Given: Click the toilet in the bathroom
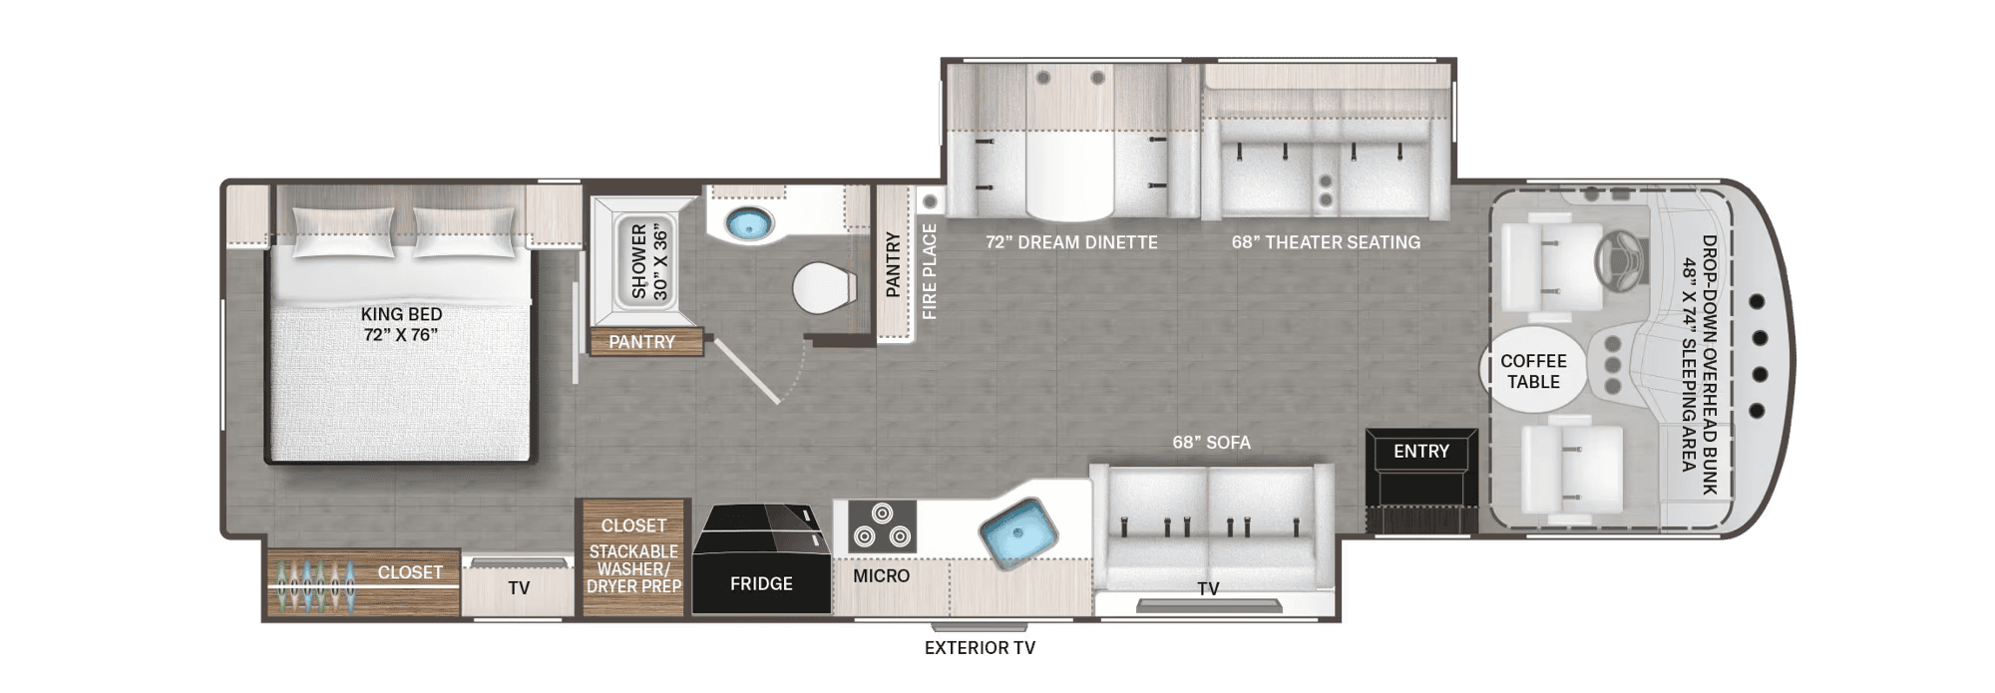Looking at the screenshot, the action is pyautogui.click(x=824, y=289).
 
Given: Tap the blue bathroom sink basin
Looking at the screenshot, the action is pyautogui.click(x=749, y=224).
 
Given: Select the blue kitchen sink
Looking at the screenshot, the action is pyautogui.click(x=1017, y=532).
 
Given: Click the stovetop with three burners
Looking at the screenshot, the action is pyautogui.click(x=882, y=526).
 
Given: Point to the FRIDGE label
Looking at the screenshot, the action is pyautogui.click(x=761, y=583).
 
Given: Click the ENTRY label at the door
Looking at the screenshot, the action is pyautogui.click(x=1421, y=452).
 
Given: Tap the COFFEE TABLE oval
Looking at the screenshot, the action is pyautogui.click(x=1533, y=370).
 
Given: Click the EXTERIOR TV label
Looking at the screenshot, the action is pyautogui.click(x=980, y=648).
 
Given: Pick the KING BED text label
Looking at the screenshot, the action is pyautogui.click(x=401, y=314).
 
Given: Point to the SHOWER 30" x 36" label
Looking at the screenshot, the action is pyautogui.click(x=648, y=261).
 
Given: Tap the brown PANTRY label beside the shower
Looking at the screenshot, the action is pyautogui.click(x=641, y=342).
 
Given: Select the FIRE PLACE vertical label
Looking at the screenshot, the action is pyautogui.click(x=929, y=271).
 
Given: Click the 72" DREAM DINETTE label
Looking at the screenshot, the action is pyautogui.click(x=1071, y=242).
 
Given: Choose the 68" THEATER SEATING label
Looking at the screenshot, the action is pyautogui.click(x=1326, y=242).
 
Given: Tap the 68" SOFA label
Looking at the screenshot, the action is pyautogui.click(x=1211, y=442).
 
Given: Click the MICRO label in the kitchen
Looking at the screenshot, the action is pyautogui.click(x=881, y=575).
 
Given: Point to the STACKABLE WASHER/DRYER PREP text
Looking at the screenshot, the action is pyautogui.click(x=633, y=569).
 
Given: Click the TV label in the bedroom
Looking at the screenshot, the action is pyautogui.click(x=519, y=588).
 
